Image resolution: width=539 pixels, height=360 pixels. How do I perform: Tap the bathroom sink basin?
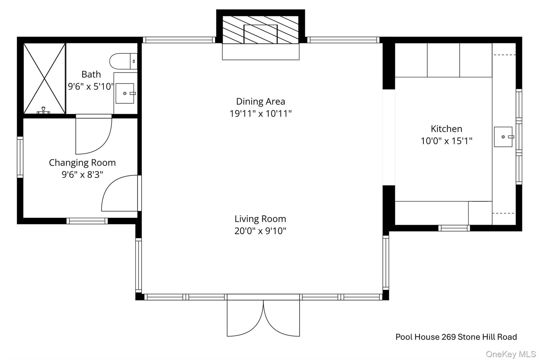tap(125, 94)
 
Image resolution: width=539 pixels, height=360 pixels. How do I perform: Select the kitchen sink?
tap(503, 137)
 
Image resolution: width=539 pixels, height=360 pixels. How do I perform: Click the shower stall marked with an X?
tap(44, 78)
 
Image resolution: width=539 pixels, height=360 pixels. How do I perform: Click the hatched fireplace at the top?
tap(261, 30)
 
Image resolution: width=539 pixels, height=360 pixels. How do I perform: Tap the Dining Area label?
tap(261, 101)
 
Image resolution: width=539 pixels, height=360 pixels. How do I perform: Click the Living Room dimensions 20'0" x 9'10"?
tap(260, 231)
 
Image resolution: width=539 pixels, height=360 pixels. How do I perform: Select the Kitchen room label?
tap(446, 129)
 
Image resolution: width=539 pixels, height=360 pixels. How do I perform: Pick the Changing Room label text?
tap(82, 163)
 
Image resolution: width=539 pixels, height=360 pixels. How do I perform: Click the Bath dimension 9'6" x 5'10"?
tap(91, 87)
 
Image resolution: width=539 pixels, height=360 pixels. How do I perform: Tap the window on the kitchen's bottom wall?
tap(454, 228)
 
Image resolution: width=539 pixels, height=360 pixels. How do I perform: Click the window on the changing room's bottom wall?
tap(87, 221)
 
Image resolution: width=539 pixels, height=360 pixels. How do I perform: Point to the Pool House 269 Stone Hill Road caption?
tap(456, 337)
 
